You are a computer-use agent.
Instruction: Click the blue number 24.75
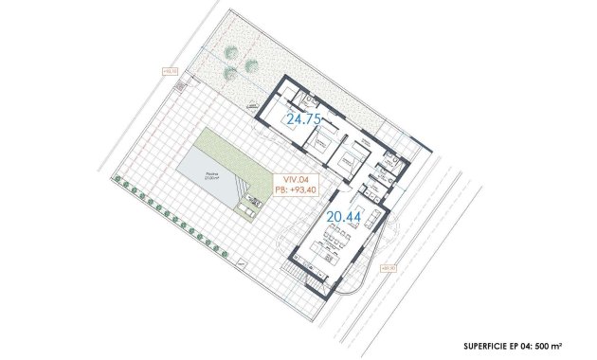tap(305, 118)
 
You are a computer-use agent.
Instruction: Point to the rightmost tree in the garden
tap(251, 66)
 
